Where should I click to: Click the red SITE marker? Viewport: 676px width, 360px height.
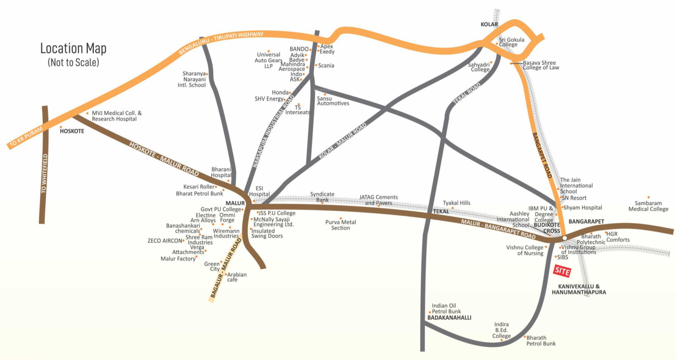(x=562, y=271)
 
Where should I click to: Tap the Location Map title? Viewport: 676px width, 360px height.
(x=73, y=49)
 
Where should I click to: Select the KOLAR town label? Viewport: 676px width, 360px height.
(x=489, y=24)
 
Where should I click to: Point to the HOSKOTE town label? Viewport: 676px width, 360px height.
(x=72, y=131)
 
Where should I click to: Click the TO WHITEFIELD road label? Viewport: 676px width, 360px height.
(x=44, y=174)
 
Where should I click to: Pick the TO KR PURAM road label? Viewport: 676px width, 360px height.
(x=26, y=136)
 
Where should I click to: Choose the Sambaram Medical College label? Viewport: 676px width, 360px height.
(x=648, y=206)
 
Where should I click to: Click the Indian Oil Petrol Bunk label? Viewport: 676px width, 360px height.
(x=446, y=308)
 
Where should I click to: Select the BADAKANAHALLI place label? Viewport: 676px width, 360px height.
(x=449, y=318)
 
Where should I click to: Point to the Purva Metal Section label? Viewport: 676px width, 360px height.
(x=341, y=225)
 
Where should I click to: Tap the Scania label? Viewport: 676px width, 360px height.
(x=326, y=66)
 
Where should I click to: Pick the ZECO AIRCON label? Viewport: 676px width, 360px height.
(x=165, y=241)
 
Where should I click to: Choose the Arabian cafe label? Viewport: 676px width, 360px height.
(x=236, y=277)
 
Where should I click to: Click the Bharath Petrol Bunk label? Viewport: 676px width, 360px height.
(x=541, y=341)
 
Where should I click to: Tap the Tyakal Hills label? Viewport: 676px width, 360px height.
(x=456, y=203)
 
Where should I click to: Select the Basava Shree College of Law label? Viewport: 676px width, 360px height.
(x=541, y=65)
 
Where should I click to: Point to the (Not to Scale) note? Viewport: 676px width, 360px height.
(x=73, y=63)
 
